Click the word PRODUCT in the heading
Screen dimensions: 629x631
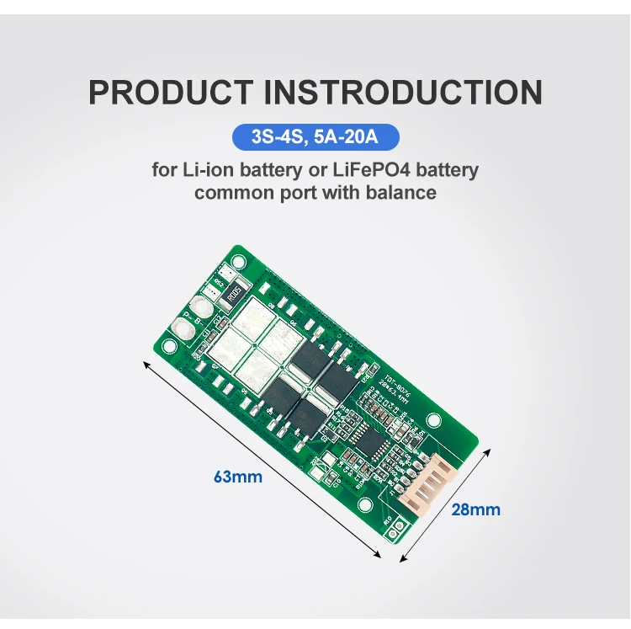[x=167, y=93]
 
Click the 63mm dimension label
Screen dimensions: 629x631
[x=237, y=477]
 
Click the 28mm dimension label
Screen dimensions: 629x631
[x=476, y=509]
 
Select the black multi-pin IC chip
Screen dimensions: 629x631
[x=365, y=436]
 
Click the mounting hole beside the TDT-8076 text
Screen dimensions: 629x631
[x=433, y=419]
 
